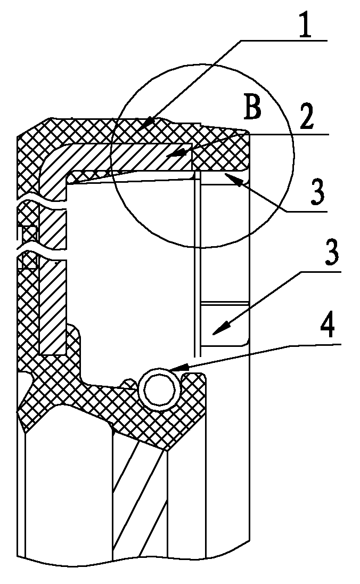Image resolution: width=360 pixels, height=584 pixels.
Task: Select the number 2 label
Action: [306, 116]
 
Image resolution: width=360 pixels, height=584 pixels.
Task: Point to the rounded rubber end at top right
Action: [238, 149]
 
